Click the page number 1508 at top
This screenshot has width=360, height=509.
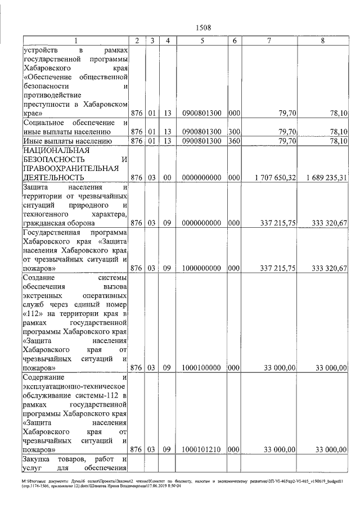coord(203,27)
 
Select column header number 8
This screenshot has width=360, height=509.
coord(322,41)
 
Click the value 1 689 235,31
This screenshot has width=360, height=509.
coord(326,178)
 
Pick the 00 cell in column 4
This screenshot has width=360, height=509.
coord(167,178)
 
